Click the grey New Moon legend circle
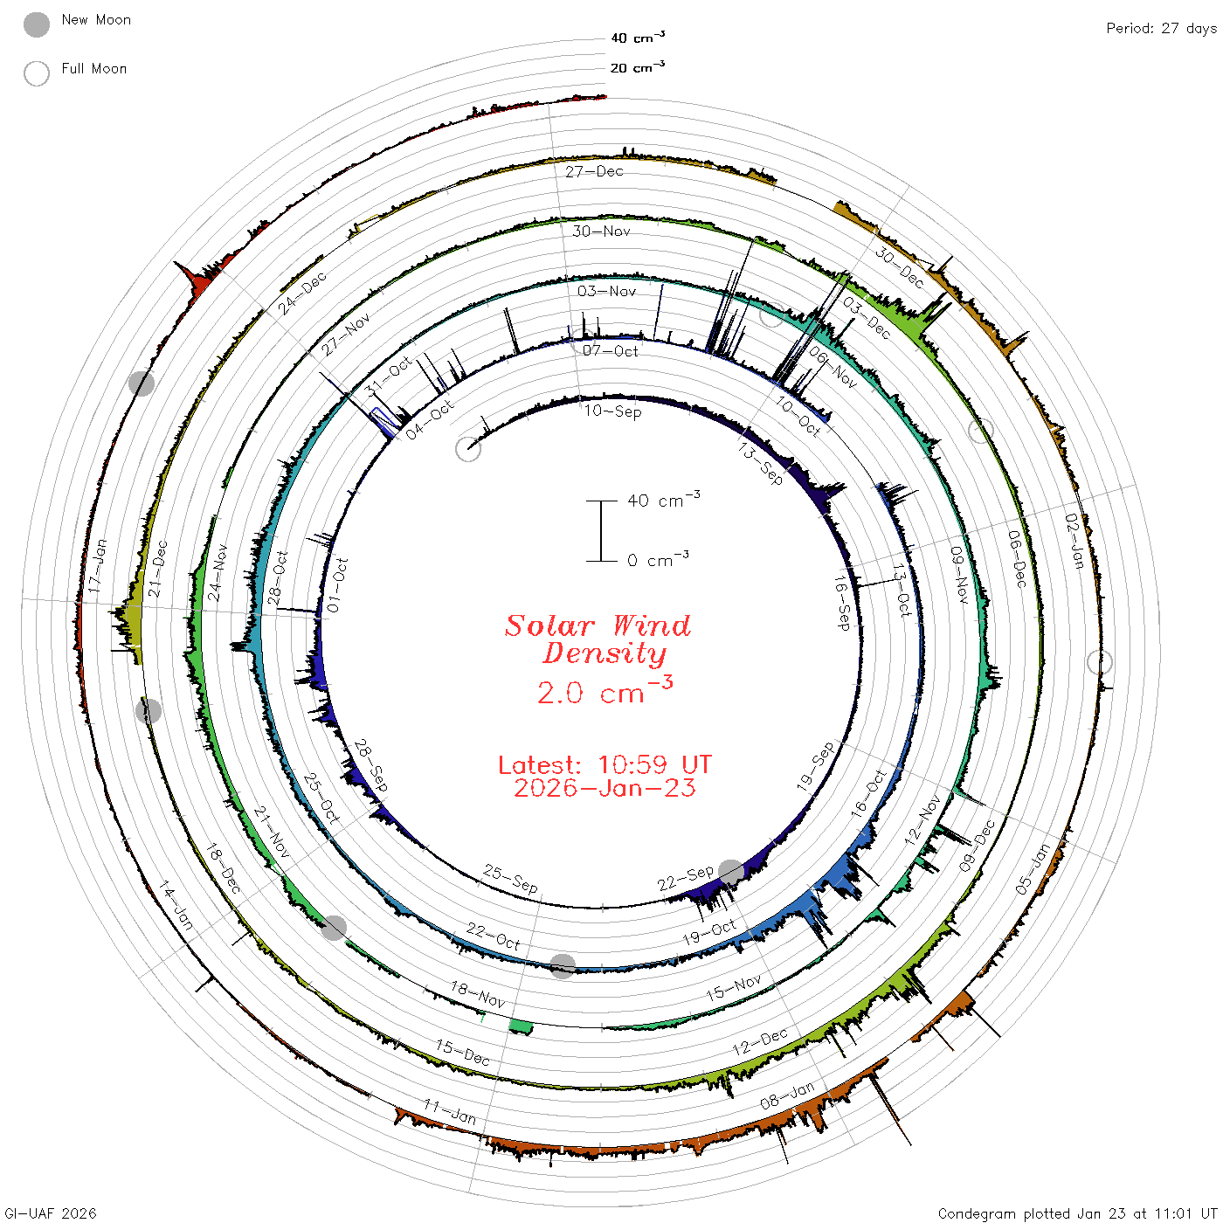[36, 24]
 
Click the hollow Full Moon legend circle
[36, 73]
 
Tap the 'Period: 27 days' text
[1162, 29]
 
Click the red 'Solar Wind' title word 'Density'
[605, 653]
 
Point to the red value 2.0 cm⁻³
[605, 691]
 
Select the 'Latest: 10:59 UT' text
[605, 764]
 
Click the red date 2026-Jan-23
[605, 788]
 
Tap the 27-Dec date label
[594, 171]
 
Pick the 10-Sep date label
[612, 411]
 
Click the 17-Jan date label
[97, 566]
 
